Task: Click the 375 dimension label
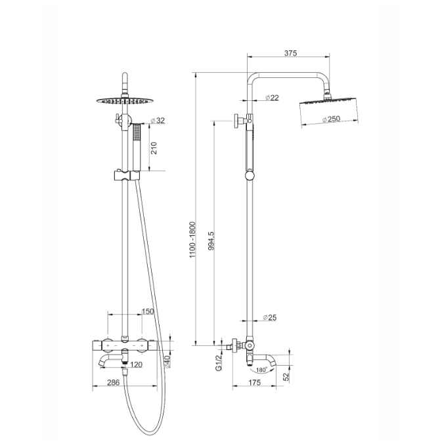coord(290,53)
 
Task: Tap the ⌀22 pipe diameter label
coord(272,98)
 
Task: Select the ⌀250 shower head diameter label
coord(332,119)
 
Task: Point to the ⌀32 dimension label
coord(158,121)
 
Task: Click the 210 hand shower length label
coord(154,148)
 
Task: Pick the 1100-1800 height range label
coord(193,240)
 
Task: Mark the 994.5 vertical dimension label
coord(211,241)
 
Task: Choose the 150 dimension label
coord(148,311)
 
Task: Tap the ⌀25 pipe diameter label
coord(270,317)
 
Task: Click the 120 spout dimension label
coord(136,364)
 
